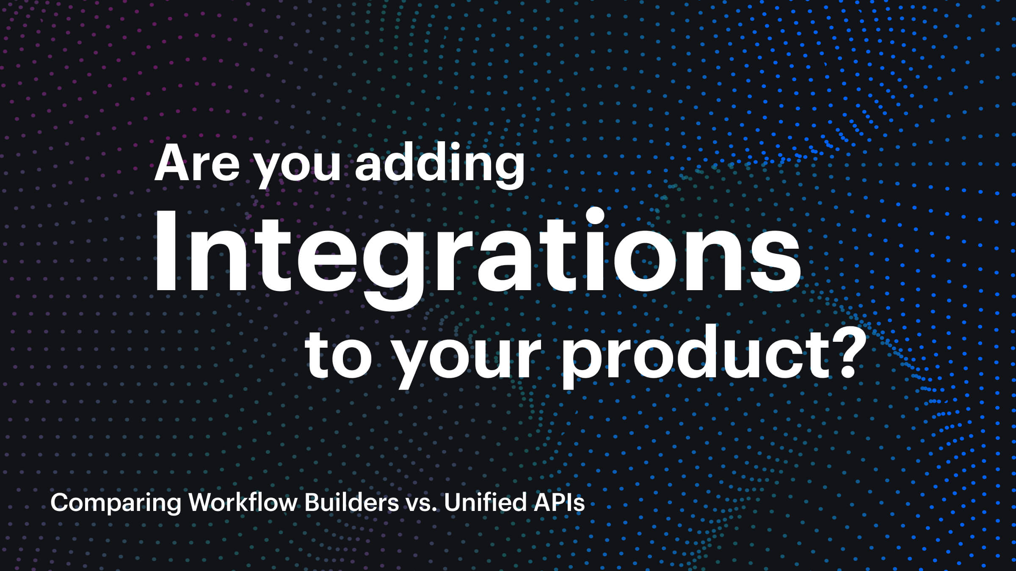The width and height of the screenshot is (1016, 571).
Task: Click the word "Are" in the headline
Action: (197, 164)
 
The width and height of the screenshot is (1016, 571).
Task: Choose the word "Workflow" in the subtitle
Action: (243, 502)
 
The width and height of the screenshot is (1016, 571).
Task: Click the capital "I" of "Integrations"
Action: (166, 250)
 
